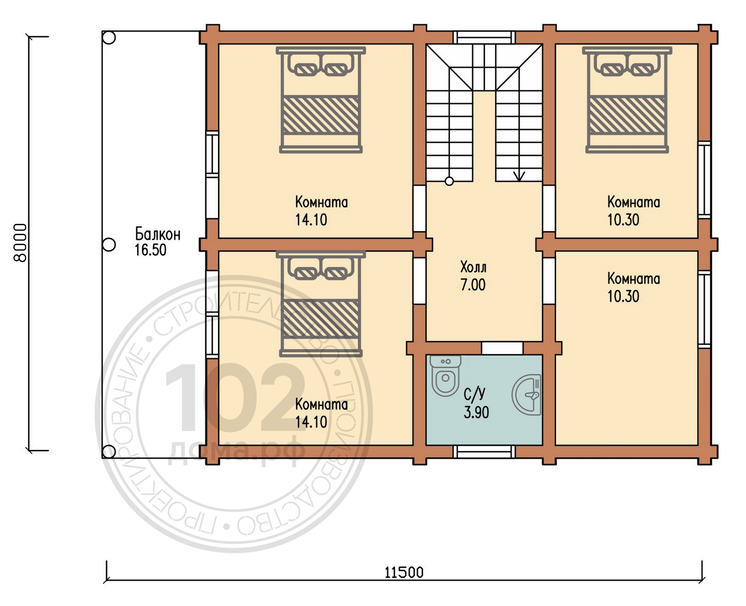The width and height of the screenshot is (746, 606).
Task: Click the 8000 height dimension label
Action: click(x=20, y=243)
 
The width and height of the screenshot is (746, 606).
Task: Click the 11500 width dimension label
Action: click(x=404, y=572)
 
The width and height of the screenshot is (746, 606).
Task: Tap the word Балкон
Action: click(x=158, y=234)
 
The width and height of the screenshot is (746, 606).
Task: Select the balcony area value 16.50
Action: click(x=151, y=250)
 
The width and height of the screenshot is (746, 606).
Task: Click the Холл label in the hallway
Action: click(x=473, y=267)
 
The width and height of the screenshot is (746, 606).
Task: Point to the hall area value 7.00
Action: click(x=473, y=285)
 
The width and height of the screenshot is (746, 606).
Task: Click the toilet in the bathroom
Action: click(x=445, y=376)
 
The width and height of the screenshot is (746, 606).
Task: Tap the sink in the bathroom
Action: click(x=527, y=395)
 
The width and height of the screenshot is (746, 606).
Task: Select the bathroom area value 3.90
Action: click(x=476, y=413)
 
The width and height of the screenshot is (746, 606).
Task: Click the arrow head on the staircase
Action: click(x=519, y=176)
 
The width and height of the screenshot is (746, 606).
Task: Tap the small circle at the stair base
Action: click(x=449, y=181)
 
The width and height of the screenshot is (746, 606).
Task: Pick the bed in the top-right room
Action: click(x=627, y=100)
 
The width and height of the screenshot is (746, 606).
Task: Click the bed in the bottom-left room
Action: click(x=320, y=304)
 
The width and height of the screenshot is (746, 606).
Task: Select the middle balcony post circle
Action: click(x=109, y=245)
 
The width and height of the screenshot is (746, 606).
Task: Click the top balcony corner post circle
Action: click(x=109, y=37)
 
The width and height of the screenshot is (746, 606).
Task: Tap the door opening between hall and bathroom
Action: click(x=502, y=348)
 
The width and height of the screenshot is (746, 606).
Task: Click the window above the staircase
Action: click(x=484, y=37)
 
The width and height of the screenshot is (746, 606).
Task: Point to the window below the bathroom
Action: click(x=484, y=451)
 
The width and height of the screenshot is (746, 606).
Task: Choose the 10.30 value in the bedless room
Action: click(x=623, y=296)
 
